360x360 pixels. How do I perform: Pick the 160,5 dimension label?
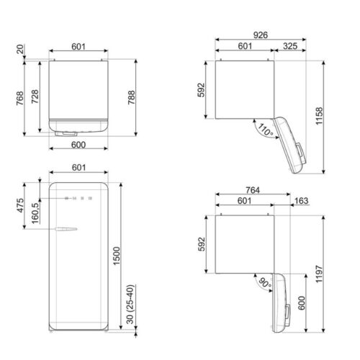click(x=35, y=216)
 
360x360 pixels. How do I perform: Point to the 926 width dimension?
click(x=261, y=34)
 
